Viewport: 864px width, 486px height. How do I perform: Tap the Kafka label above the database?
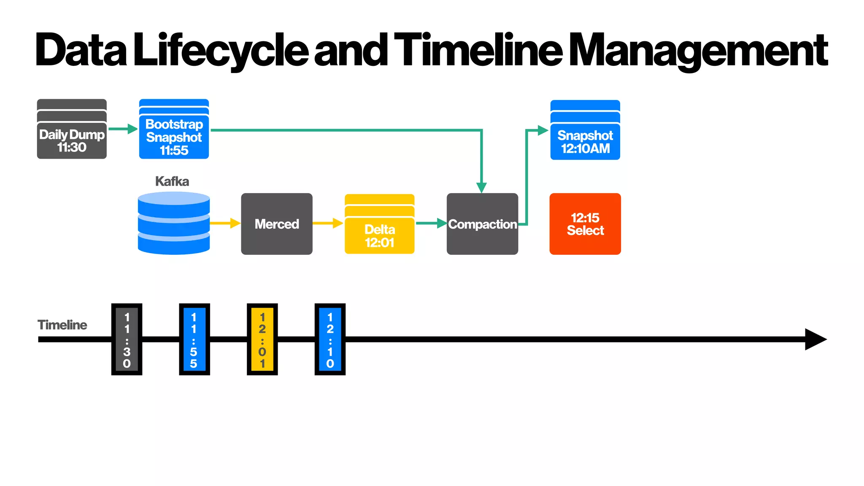coord(172,181)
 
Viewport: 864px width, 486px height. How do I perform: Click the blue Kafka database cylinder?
coord(174,223)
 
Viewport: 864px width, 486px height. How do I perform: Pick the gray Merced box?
coord(277,224)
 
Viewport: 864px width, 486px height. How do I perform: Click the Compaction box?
coord(482,224)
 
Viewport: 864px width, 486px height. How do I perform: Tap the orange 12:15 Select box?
coord(585,224)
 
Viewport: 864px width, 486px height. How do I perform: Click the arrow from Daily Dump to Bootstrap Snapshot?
coord(123,129)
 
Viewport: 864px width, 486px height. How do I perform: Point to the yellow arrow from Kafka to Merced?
coord(225,223)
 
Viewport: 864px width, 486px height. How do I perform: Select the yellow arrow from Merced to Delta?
coord(328,223)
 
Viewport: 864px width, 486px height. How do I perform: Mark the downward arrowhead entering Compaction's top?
coord(481,187)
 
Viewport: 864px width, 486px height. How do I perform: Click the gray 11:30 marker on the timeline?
coord(127,339)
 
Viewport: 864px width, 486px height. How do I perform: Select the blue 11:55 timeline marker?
coord(194,339)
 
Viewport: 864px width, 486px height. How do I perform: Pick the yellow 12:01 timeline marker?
coord(262,339)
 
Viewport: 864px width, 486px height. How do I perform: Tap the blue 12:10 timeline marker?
coord(330,339)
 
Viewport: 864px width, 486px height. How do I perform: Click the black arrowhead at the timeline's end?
coord(815,339)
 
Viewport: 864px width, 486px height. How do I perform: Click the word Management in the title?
coord(698,51)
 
